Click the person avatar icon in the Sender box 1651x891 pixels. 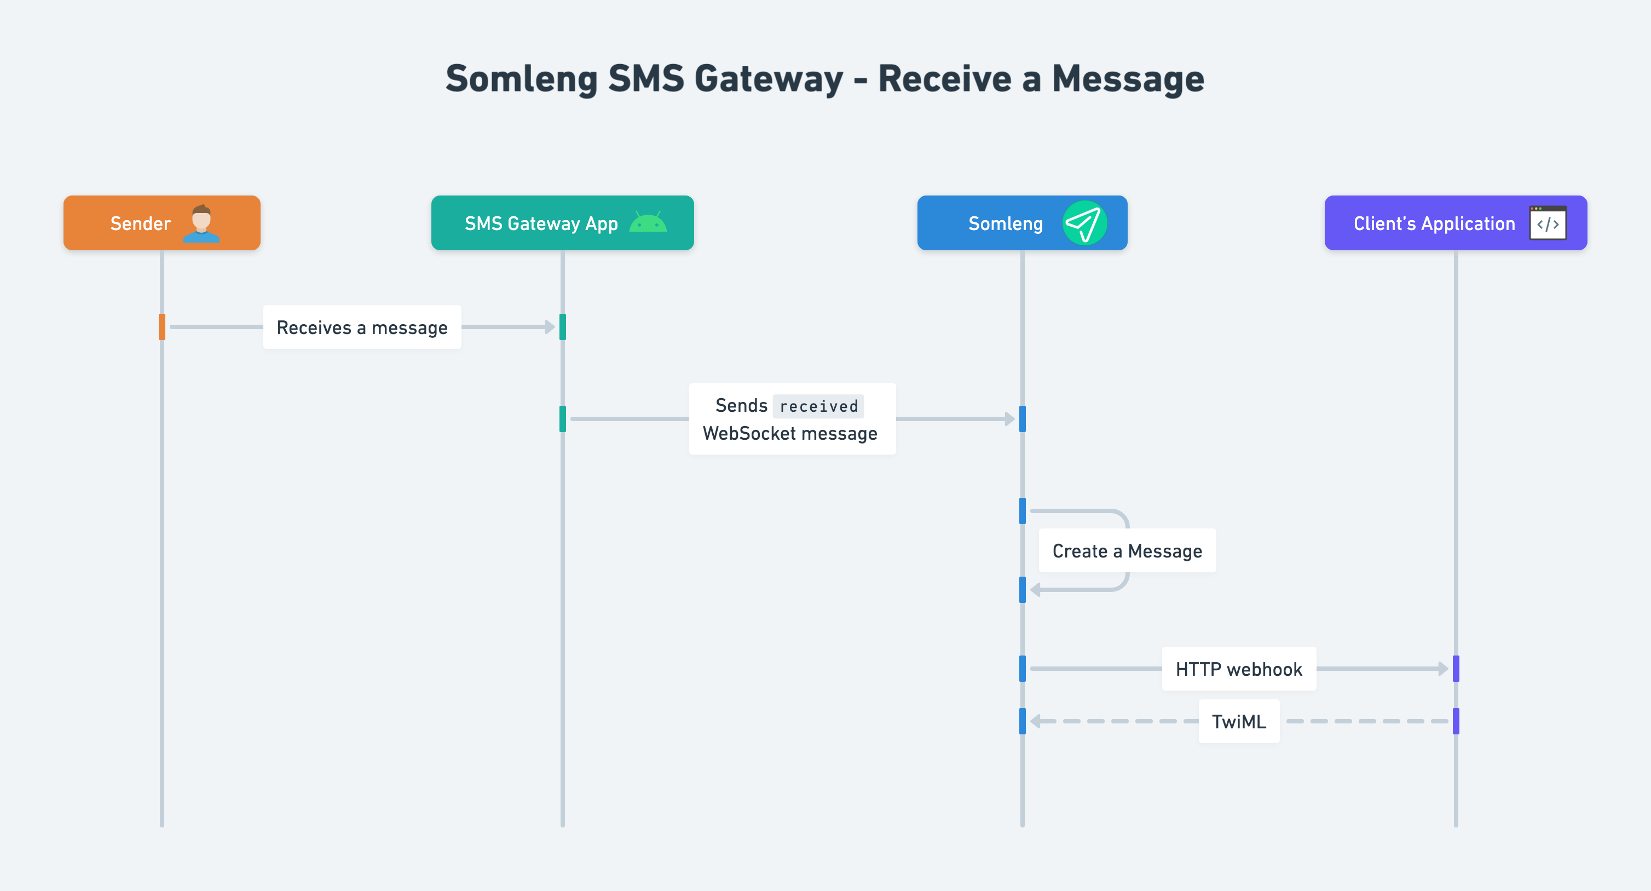coord(201,224)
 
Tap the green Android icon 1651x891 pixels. coord(648,222)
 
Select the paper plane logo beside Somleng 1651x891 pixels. coord(1084,223)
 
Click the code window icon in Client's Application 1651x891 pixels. coord(1548,223)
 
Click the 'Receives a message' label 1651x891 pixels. coord(362,327)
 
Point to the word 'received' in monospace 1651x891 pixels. coord(818,406)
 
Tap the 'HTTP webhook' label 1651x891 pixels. coord(1238,669)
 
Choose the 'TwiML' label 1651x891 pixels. coord(1238,722)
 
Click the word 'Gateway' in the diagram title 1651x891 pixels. coord(769,79)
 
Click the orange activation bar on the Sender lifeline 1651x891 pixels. coord(162,327)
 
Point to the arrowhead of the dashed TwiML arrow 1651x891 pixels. coord(1035,721)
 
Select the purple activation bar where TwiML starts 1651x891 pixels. coord(1456,721)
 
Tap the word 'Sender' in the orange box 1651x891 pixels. coord(140,224)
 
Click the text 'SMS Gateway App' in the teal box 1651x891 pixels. coord(541,224)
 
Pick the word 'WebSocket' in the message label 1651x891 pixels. coord(749,434)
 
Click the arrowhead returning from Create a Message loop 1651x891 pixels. coord(1035,589)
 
